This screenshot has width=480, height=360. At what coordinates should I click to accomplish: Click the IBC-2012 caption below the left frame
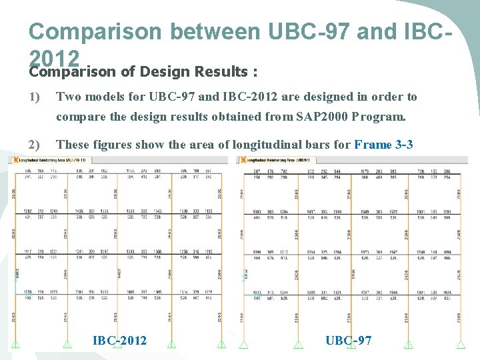(x=119, y=341)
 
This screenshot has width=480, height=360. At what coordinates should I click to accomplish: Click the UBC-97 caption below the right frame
(x=349, y=341)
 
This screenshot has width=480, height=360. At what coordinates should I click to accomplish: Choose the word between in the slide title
(x=216, y=31)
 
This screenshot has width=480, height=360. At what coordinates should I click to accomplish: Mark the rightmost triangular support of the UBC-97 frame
(x=461, y=344)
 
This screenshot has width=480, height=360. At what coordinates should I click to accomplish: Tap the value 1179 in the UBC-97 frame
(x=366, y=171)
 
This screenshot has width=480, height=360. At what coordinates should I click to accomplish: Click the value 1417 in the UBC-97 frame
(x=311, y=211)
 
